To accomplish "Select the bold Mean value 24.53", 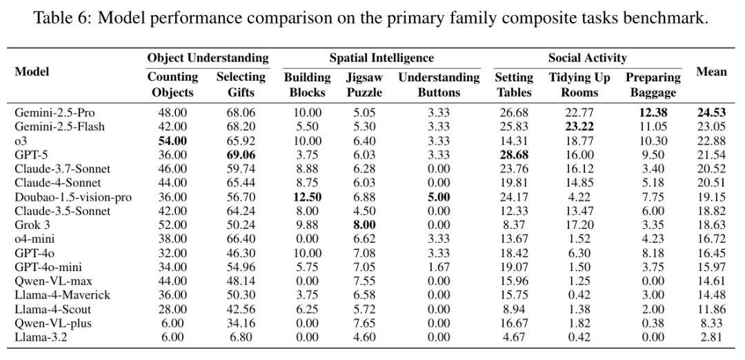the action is pyautogui.click(x=712, y=113).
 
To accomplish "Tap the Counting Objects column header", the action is pyautogui.click(x=172, y=84).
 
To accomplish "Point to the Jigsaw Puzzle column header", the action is pyautogui.click(x=364, y=84).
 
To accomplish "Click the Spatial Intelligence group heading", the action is pyautogui.click(x=381, y=58).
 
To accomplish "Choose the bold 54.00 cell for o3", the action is pyautogui.click(x=172, y=141).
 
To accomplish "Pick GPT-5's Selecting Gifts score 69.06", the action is pyautogui.click(x=241, y=155).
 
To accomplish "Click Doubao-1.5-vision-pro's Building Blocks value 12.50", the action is pyautogui.click(x=306, y=197).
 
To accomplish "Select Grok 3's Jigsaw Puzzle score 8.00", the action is pyautogui.click(x=364, y=225).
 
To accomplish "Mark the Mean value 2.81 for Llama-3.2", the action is pyautogui.click(x=712, y=338).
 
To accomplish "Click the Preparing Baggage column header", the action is pyautogui.click(x=653, y=84).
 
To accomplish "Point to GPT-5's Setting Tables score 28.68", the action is pyautogui.click(x=514, y=155).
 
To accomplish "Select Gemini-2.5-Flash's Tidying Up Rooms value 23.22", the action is pyautogui.click(x=579, y=127).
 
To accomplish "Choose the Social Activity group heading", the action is pyautogui.click(x=587, y=58).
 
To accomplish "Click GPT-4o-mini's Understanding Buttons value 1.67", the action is pyautogui.click(x=439, y=268).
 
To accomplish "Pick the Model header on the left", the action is pyautogui.click(x=32, y=72).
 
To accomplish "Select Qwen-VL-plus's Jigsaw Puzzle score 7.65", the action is pyautogui.click(x=364, y=323).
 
